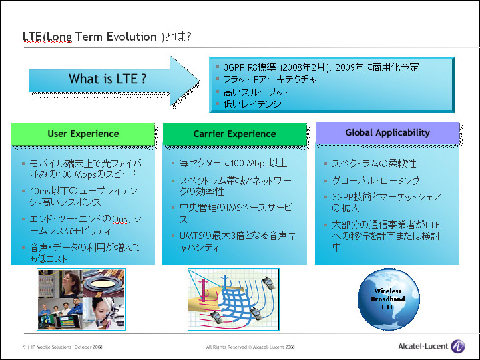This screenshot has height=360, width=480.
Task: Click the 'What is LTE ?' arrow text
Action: (107, 79)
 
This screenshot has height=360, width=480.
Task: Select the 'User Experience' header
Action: (83, 134)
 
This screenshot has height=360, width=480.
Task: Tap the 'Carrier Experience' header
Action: (234, 134)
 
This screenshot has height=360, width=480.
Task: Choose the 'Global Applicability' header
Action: (387, 132)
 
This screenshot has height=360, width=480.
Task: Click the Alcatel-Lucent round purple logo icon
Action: (458, 347)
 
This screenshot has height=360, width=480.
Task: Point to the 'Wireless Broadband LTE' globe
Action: (389, 299)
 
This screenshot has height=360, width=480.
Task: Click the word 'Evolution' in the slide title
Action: (132, 37)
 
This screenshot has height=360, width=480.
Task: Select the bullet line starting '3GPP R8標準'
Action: (321, 67)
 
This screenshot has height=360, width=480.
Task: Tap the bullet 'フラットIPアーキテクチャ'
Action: (270, 79)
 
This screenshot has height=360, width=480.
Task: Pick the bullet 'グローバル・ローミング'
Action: (376, 180)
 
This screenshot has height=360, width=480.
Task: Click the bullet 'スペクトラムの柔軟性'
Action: (374, 163)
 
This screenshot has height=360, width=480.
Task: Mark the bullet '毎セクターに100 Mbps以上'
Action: (233, 163)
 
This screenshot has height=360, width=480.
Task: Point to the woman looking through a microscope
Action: (104, 314)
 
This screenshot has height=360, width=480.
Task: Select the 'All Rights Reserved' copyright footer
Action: (250, 347)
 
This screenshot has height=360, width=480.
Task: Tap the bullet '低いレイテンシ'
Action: (252, 104)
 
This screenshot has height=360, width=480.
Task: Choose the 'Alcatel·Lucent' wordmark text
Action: (423, 347)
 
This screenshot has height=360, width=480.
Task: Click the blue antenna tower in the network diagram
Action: (225, 282)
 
